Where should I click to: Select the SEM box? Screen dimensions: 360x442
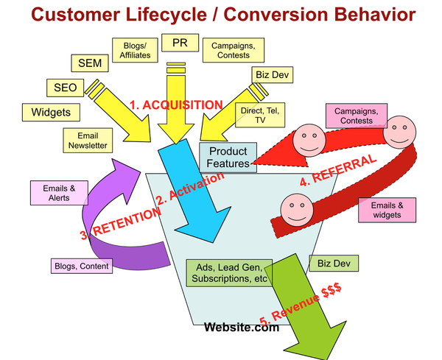[89, 63]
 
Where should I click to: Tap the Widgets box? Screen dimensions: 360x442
[46, 113]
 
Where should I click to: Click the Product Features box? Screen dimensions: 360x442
[228, 157]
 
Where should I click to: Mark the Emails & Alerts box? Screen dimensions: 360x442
[52, 192]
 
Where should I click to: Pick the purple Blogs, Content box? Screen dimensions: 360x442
[81, 266]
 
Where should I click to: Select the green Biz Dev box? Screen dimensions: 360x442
[334, 262]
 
